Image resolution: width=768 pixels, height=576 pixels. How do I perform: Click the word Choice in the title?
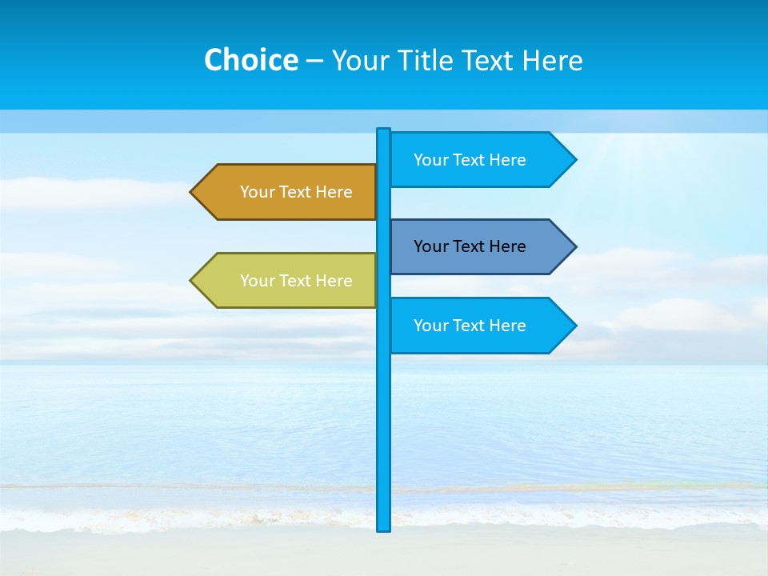click(250, 60)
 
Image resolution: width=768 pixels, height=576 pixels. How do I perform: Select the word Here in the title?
click(552, 60)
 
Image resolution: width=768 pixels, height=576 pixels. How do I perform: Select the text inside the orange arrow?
click(296, 192)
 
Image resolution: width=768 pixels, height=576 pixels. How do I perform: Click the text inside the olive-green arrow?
click(296, 281)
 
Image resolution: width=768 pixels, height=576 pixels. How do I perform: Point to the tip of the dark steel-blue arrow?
click(575, 246)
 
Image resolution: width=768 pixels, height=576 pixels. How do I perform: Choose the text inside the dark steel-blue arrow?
click(470, 246)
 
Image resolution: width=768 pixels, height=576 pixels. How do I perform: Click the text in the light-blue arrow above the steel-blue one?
click(470, 160)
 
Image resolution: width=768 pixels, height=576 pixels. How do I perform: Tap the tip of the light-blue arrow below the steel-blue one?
click(575, 326)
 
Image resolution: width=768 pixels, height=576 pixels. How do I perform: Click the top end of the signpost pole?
click(383, 130)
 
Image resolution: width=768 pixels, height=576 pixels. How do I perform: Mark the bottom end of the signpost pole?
click(383, 529)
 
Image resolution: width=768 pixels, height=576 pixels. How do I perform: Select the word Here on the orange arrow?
click(334, 192)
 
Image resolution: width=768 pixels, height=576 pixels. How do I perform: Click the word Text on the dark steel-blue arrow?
click(469, 246)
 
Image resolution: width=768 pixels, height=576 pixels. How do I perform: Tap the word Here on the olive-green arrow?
click(334, 281)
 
